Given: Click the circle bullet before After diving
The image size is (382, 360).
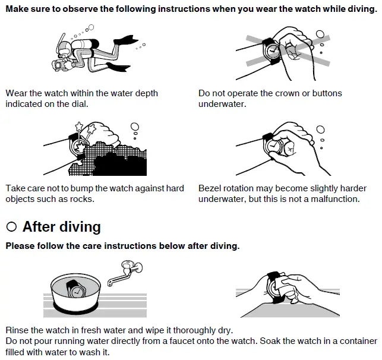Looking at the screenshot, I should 11,227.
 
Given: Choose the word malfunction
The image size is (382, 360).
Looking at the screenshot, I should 333,199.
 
